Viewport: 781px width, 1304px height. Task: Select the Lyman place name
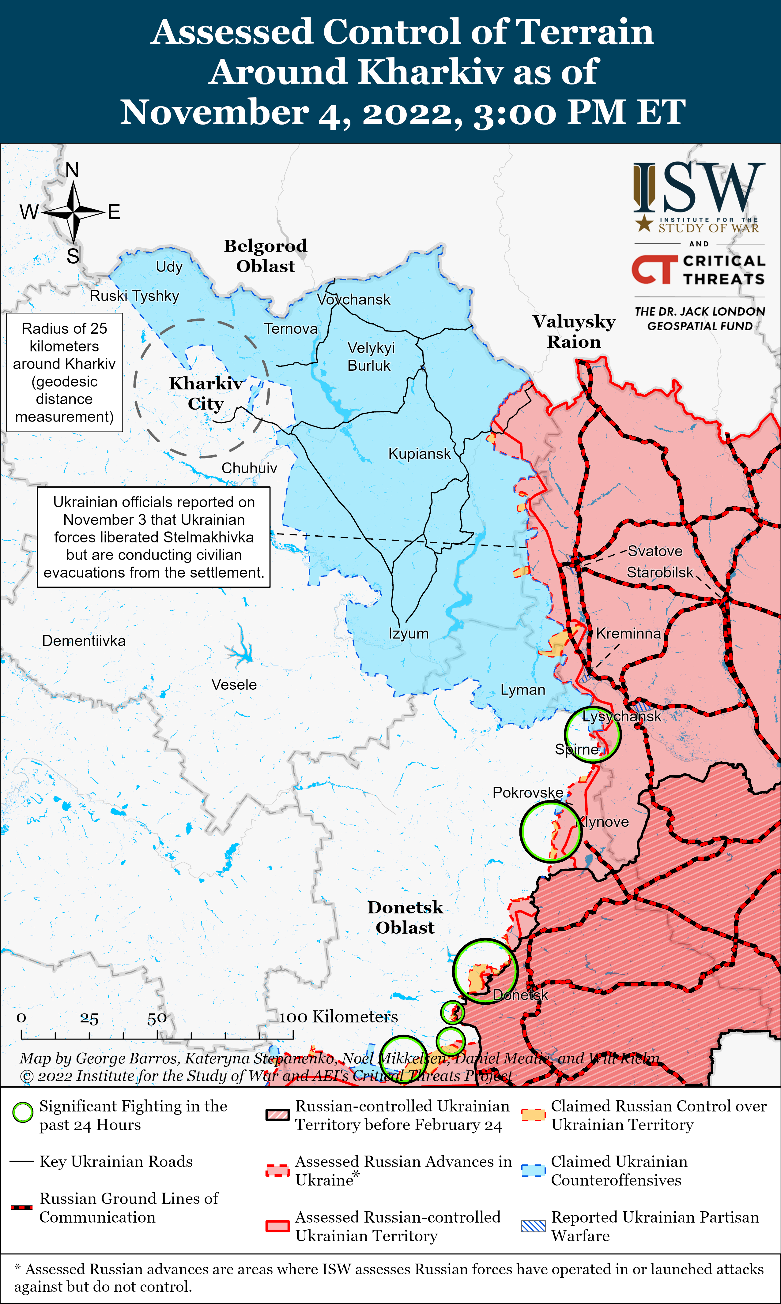click(x=522, y=690)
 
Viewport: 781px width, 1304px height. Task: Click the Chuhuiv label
click(x=249, y=468)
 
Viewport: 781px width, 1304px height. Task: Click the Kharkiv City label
click(x=206, y=393)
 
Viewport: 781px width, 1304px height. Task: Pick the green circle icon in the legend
click(x=23, y=1112)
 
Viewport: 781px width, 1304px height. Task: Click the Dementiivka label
click(x=84, y=641)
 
